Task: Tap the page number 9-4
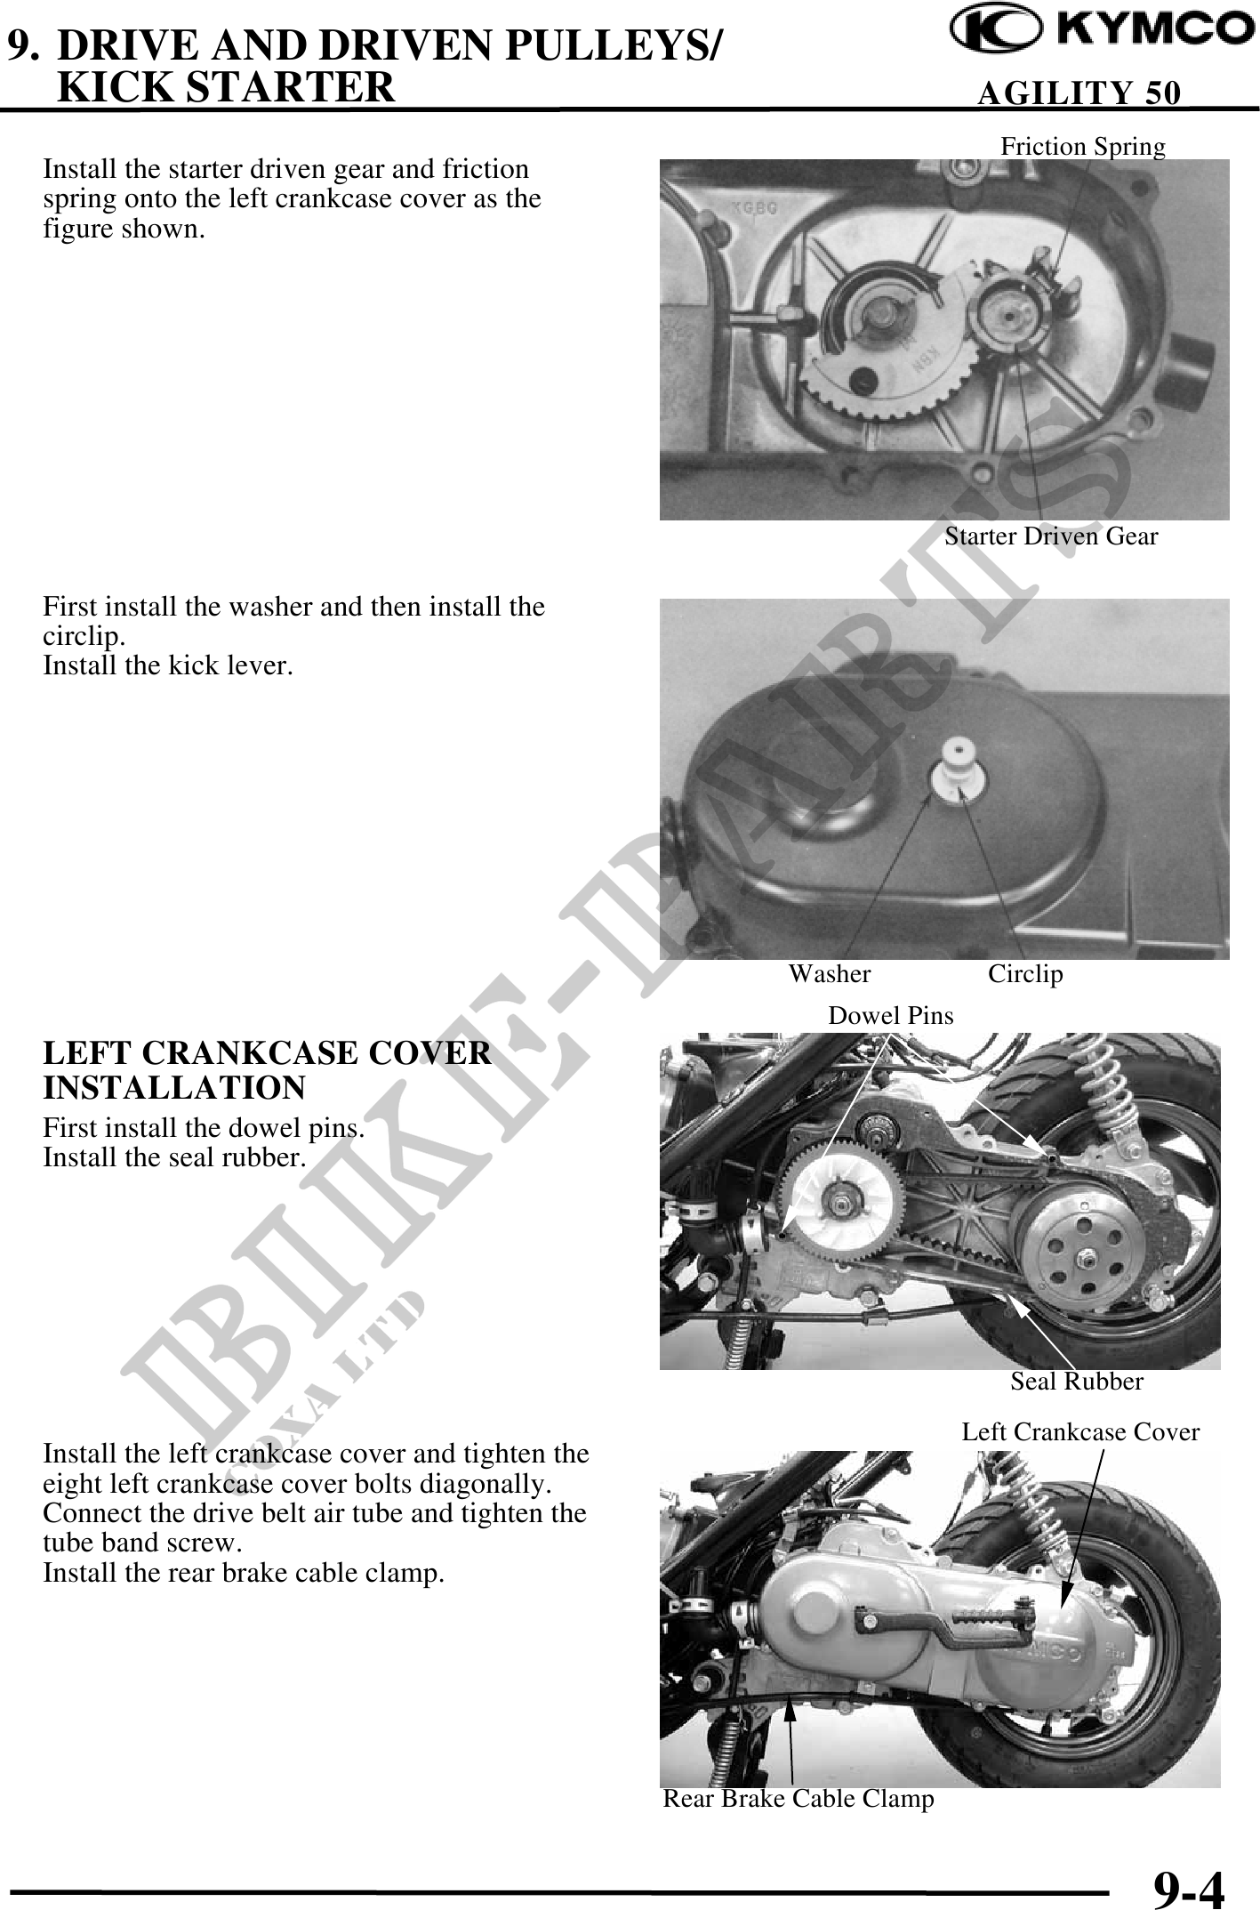1189,1887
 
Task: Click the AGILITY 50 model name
1079,93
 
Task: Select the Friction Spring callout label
1083,146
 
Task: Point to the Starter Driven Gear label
1051,536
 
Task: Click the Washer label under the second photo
830,974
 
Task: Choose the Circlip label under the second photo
1025,975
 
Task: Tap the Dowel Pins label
890,1015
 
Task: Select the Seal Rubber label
1076,1382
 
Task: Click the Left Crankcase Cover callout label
1080,1432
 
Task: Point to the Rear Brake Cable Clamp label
799,1799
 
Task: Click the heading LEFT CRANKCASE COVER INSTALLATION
267,1070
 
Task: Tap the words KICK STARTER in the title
225,86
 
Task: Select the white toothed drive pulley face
831,1202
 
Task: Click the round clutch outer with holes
1083,1254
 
